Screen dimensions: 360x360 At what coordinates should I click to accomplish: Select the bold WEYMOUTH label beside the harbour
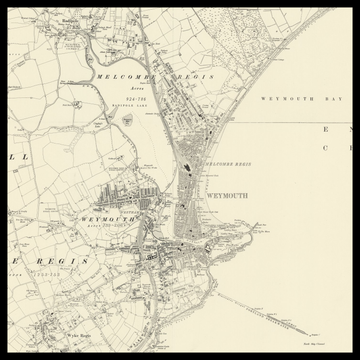tap(226, 196)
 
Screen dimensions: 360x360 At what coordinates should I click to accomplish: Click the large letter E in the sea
tap(324, 129)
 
